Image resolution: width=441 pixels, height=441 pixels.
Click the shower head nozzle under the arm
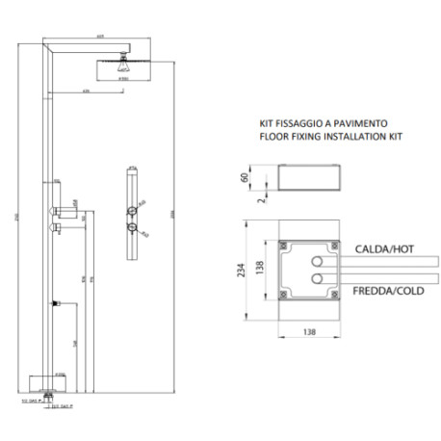pos(122,67)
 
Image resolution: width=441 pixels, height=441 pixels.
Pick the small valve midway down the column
pos(57,303)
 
